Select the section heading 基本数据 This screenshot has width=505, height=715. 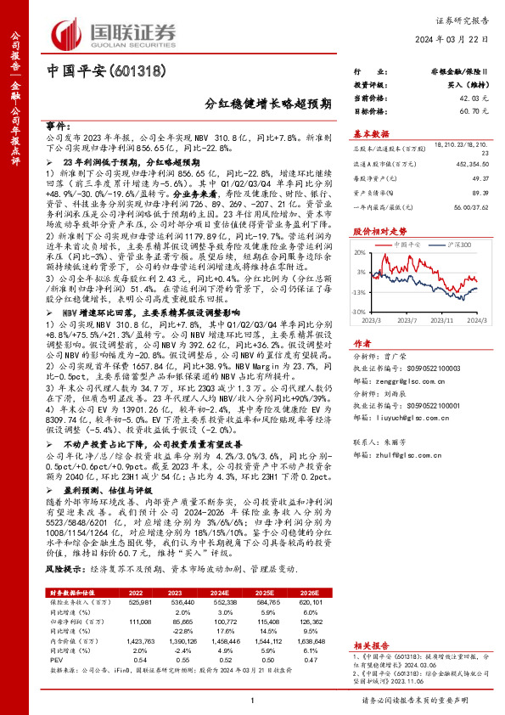click(370, 133)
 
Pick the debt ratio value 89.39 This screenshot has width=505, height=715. click(464, 192)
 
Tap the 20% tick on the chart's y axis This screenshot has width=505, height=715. click(361, 254)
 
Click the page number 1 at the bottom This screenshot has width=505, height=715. click(253, 700)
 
